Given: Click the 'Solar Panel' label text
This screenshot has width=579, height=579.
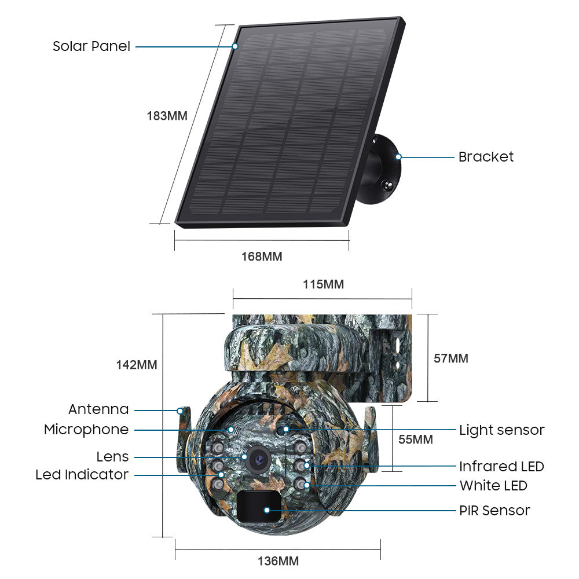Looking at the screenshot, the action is click(91, 46).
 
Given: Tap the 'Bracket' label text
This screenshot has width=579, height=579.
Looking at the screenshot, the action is click(486, 157).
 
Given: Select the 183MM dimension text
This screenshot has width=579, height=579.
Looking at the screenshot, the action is click(167, 116).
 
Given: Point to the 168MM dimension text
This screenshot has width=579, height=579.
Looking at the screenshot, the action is click(262, 256).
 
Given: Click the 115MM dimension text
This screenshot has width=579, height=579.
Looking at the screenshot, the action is click(324, 284).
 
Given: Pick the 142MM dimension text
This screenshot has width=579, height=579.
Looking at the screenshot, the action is click(137, 364).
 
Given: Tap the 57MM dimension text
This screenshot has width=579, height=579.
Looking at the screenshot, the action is click(451, 358).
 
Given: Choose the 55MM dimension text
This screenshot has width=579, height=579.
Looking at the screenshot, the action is click(415, 439).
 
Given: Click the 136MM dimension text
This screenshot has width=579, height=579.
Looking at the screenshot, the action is click(278, 561).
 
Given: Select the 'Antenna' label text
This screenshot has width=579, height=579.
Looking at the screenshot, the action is click(98, 409).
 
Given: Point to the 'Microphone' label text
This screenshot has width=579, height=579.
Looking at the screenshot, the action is click(86, 430).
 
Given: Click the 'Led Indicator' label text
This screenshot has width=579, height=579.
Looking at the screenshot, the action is click(82, 475).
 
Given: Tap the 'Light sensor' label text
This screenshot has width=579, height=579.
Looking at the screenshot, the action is click(502, 430).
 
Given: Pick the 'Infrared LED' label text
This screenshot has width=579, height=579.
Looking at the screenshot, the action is click(501, 466).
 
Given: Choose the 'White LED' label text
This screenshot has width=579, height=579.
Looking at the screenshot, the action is click(493, 486).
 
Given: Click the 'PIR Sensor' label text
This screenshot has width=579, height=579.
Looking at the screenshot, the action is click(494, 511).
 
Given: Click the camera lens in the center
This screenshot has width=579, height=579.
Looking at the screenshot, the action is click(258, 459).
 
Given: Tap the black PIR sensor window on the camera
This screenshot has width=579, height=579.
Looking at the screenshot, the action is click(259, 506).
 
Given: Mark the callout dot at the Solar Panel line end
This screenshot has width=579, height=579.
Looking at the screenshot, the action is click(235, 46).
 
